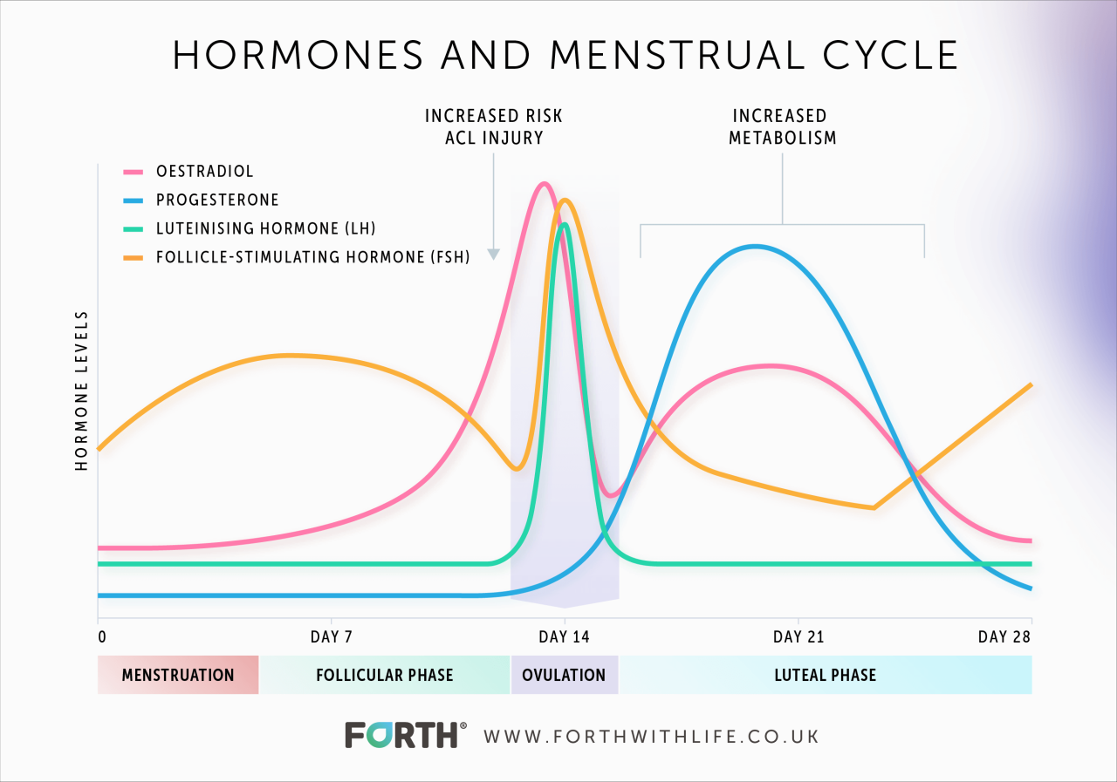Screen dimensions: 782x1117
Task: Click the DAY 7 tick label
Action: [332, 637]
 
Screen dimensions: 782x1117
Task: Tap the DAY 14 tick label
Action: [564, 637]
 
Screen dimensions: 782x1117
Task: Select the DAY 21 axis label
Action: [798, 637]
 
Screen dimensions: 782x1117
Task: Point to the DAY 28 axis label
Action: [1005, 637]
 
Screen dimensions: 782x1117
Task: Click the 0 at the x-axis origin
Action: [101, 637]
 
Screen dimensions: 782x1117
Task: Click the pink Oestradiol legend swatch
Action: [134, 172]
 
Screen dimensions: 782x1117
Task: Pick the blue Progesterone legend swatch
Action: [134, 201]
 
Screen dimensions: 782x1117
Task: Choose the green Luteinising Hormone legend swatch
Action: [134, 229]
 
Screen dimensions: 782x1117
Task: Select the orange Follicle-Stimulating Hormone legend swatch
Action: [134, 258]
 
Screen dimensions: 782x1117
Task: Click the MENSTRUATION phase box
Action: [178, 675]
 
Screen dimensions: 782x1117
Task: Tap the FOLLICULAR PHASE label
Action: [384, 675]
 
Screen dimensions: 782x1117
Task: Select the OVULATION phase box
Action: [564, 675]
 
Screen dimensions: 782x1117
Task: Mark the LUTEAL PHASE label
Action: [825, 675]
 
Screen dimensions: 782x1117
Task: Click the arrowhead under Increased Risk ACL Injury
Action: [493, 255]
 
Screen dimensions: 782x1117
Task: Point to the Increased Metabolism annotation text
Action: [783, 126]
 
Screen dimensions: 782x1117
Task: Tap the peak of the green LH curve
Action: [565, 225]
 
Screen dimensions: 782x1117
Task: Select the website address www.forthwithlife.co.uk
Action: [651, 736]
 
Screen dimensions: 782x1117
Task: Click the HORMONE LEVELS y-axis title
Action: [82, 391]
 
